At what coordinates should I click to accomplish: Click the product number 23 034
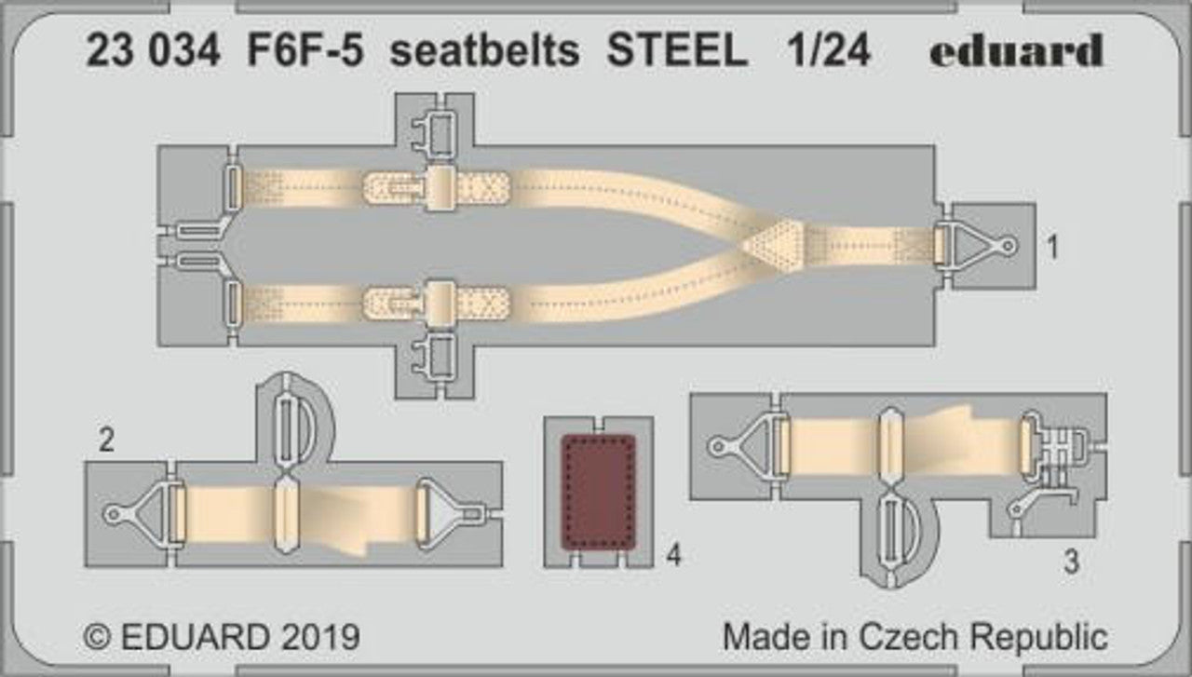[154, 50]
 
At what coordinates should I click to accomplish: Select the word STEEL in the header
[677, 50]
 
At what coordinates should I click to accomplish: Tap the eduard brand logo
[1017, 50]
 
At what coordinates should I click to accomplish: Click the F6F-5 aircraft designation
[305, 50]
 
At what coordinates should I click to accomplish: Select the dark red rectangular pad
[599, 492]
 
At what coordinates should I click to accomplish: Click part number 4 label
[673, 555]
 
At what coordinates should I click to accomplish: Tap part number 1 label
[1052, 247]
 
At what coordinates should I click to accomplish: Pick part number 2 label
[106, 440]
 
